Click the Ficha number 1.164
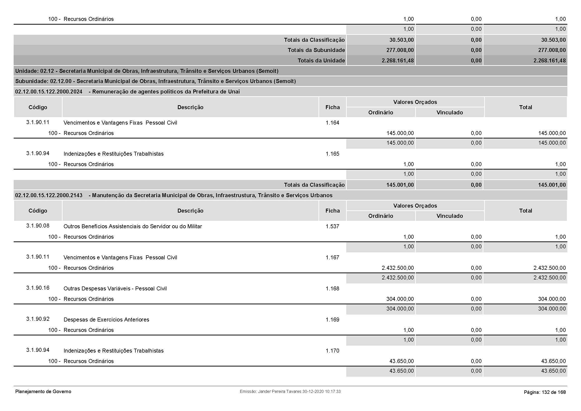pos(332,123)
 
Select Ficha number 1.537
pos(332,227)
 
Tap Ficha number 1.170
pos(332,351)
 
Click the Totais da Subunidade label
pos(316,50)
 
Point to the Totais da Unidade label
pos(321,60)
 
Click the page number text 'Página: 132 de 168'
pos(544,392)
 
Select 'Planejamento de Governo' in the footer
pos(43,392)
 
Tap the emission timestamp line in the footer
pos(290,392)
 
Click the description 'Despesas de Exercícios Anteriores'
pos(106,320)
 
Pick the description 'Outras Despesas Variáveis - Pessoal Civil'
pos(115,289)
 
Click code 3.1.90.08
pos(38,226)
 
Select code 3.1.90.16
pos(38,288)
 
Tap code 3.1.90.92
pos(38,319)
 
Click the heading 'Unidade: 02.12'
pos(147,71)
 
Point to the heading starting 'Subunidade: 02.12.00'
pos(155,81)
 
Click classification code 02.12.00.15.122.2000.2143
pos(49,195)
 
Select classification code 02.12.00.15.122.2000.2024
pos(49,92)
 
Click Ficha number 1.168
pos(332,289)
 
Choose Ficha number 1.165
pos(332,154)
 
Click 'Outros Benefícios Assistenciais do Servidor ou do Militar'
pos(133,227)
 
